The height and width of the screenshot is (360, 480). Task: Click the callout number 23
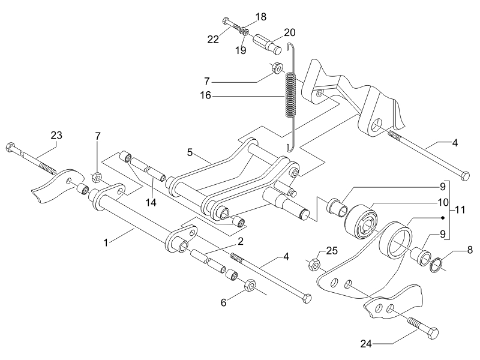pyautogui.click(x=56, y=136)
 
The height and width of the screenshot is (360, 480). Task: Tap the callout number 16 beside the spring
pyautogui.click(x=206, y=95)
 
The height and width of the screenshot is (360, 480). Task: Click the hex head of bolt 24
pyautogui.click(x=433, y=333)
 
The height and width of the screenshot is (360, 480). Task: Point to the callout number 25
pyautogui.click(x=332, y=251)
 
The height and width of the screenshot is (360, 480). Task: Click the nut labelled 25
pyautogui.click(x=314, y=264)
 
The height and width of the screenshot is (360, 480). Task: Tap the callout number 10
pyautogui.click(x=443, y=202)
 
